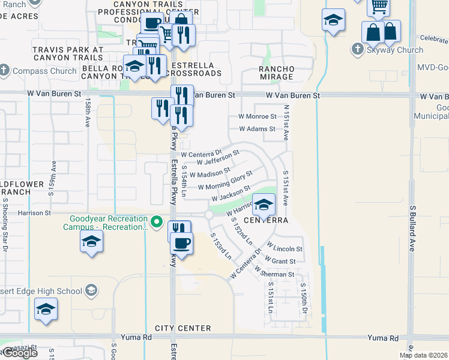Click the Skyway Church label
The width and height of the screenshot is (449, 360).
click(395, 50)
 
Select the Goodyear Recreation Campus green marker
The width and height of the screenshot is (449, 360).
click(157, 223)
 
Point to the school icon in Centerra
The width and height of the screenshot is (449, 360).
click(264, 205)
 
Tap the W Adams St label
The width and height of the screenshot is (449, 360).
click(257, 129)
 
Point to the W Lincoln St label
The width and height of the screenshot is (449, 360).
click(285, 248)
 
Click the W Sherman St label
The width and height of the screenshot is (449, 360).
click(274, 273)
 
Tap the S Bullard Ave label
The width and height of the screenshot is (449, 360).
click(413, 225)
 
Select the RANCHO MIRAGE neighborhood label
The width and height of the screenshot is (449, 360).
click(277, 73)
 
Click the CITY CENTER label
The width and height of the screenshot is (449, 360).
click(182, 328)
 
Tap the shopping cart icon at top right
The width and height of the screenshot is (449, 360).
click(379, 7)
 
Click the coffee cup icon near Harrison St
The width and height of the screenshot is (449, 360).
click(181, 243)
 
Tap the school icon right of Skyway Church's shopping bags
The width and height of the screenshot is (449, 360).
click(333, 20)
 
